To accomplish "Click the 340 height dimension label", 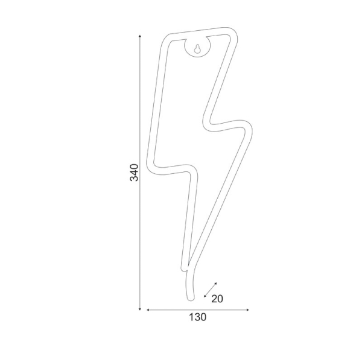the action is [134, 173].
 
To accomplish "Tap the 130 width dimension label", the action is [198, 317].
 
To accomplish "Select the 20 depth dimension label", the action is [217, 299].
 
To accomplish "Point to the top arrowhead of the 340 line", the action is [140, 36].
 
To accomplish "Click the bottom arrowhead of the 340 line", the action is [140, 309].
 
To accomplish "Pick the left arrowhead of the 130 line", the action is [148, 310].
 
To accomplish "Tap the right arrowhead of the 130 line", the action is [247, 310].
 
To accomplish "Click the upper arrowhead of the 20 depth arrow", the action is [215, 284].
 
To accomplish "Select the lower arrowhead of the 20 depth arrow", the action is [205, 296].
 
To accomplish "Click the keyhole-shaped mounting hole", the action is [197, 48].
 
